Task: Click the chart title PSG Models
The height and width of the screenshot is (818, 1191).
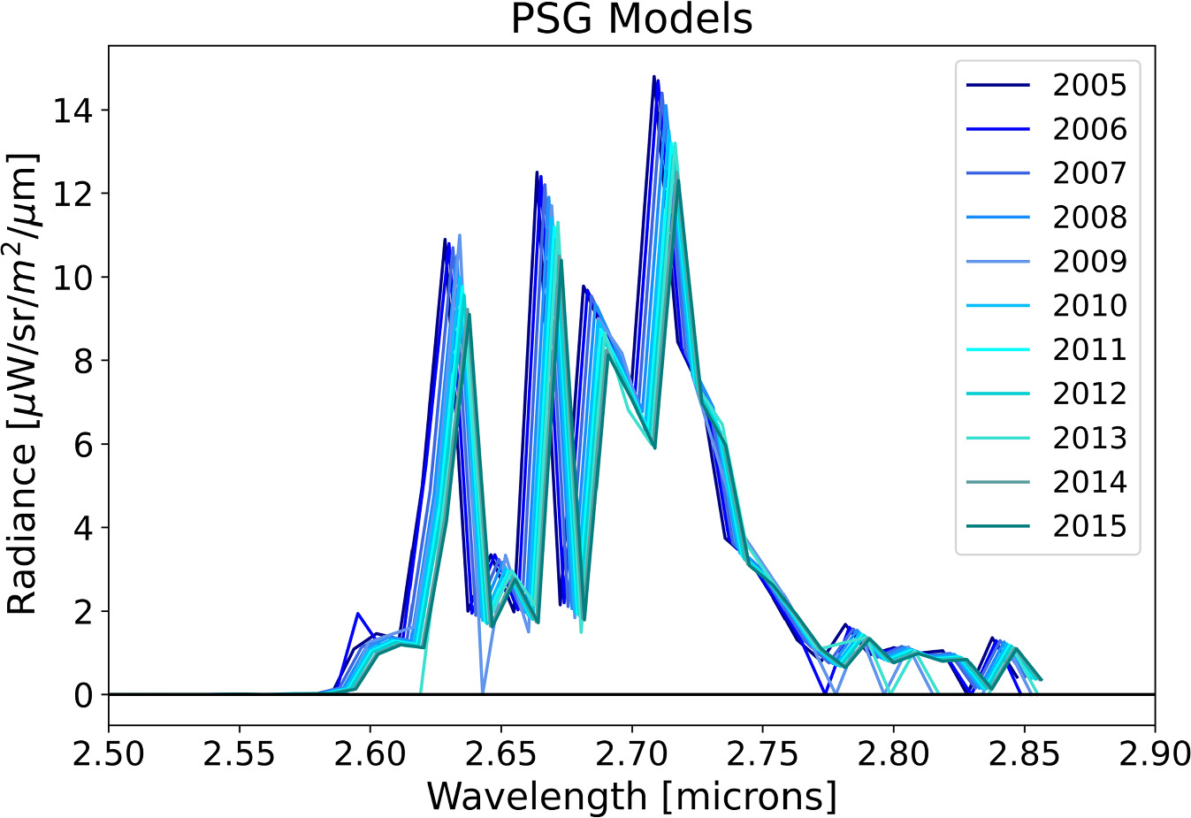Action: [x=631, y=19]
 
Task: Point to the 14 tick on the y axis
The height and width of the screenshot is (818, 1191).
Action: [x=73, y=111]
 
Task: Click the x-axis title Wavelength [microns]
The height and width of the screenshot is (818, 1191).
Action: [x=631, y=796]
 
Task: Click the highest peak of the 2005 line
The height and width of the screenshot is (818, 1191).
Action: [x=653, y=77]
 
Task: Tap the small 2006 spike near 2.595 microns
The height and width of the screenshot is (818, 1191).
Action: [x=357, y=613]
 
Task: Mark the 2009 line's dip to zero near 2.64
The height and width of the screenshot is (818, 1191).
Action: [x=482, y=692]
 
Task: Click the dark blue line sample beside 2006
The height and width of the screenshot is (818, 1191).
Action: [x=998, y=129]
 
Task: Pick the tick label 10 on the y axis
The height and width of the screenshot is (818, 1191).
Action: [x=73, y=278]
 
